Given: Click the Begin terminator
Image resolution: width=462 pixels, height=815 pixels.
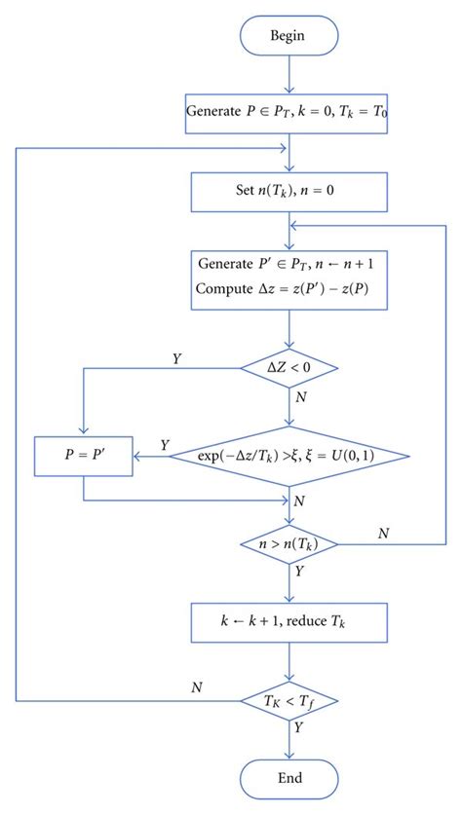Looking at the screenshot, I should click(x=289, y=36).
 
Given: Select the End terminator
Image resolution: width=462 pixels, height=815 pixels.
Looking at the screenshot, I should click(x=289, y=777).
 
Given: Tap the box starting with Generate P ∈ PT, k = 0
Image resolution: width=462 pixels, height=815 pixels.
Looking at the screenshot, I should click(x=289, y=110).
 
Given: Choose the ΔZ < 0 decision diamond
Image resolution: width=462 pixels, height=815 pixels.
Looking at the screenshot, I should click(x=289, y=367).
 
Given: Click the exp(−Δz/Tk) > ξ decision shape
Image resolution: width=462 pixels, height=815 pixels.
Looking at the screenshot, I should click(x=289, y=455).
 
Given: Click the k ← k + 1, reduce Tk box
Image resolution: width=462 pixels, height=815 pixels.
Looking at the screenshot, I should click(x=289, y=617).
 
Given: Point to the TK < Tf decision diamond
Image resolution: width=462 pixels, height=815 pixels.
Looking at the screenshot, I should click(x=289, y=700).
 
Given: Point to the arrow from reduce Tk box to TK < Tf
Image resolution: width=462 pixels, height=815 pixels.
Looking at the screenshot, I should click(x=289, y=658).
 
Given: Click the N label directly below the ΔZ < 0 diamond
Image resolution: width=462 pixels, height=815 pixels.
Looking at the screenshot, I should click(x=301, y=397).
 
